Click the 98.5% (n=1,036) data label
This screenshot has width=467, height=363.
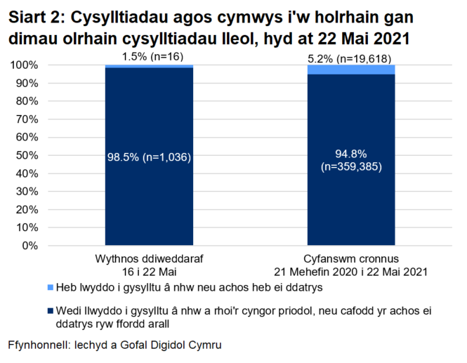[149, 157]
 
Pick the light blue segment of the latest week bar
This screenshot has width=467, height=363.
[149, 67]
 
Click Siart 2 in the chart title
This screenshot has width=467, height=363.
[34, 17]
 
